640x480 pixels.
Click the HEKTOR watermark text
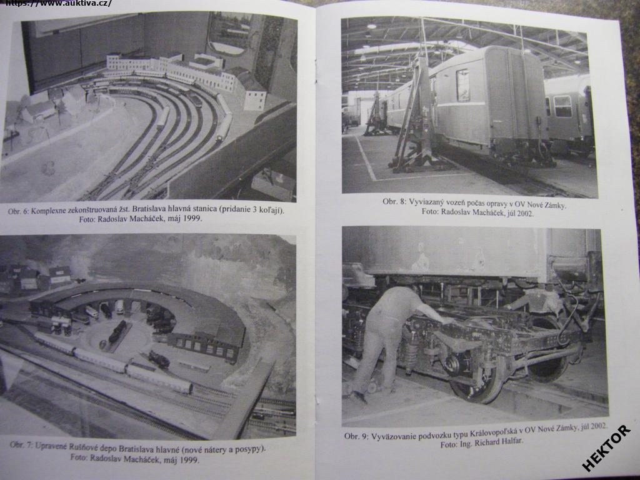(x=606, y=448)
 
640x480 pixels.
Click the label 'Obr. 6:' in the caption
(x=19, y=211)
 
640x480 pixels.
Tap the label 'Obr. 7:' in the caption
(x=21, y=445)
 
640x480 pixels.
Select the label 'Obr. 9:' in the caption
(x=356, y=436)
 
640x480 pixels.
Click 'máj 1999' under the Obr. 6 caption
(x=188, y=219)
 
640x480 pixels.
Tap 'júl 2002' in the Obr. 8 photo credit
(x=520, y=212)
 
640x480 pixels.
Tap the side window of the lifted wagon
(x=462, y=85)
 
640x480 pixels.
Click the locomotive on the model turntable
(x=117, y=331)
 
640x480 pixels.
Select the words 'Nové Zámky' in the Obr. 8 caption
(x=548, y=205)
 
